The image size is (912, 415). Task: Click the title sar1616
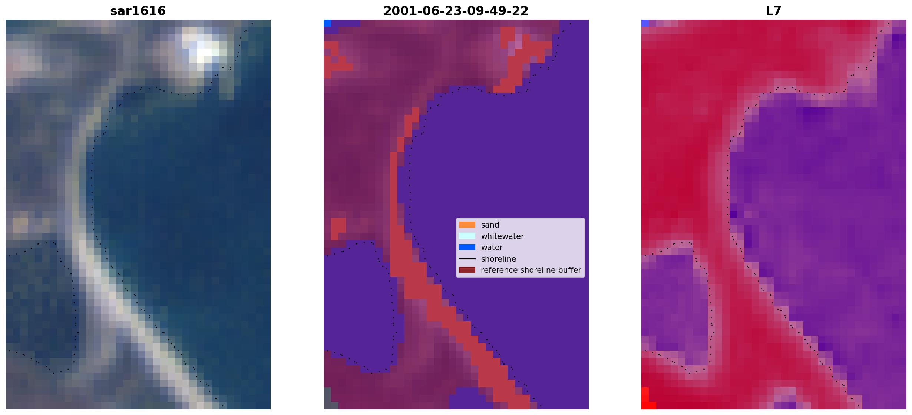pos(138,11)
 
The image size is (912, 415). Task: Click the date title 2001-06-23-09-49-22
pos(456,11)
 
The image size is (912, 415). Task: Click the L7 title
pos(774,11)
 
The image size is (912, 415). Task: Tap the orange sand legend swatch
pos(467,225)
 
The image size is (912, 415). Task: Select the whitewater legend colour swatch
pos(467,236)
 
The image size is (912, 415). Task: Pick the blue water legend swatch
pos(467,247)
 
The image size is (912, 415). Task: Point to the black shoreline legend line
pos(467,259)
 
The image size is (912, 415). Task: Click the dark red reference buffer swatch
pos(467,270)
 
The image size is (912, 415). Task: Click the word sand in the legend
pos(490,225)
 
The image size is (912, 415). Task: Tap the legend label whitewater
pos(502,236)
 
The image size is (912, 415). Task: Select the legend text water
pos(492,248)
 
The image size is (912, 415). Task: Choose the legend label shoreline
pos(499,259)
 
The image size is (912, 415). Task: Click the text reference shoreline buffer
pos(531,270)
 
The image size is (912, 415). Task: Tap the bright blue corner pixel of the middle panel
pos(327,23)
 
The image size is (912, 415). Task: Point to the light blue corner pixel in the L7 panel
pos(645,23)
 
